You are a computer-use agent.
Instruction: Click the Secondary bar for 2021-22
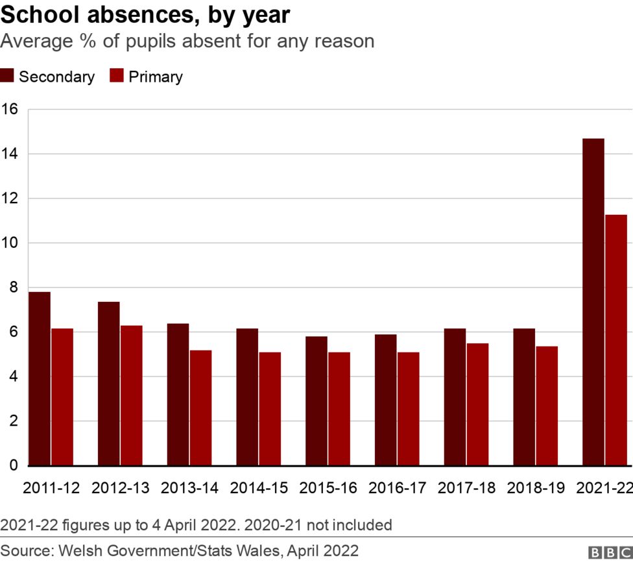(593, 302)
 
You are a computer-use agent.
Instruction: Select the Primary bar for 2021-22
(615, 340)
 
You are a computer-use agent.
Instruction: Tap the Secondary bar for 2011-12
(40, 378)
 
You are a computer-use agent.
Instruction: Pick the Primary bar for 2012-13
(131, 395)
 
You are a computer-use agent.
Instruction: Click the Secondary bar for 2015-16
(316, 400)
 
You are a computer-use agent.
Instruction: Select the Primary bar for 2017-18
(477, 404)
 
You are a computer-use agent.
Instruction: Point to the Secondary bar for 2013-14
(178, 394)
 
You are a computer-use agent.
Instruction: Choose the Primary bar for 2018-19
(546, 406)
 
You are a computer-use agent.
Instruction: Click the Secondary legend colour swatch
(7, 76)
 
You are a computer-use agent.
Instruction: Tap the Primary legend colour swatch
(117, 76)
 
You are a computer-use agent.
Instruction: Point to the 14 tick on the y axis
(9, 154)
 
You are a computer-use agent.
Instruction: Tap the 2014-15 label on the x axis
(259, 488)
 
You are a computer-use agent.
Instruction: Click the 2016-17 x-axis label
(397, 488)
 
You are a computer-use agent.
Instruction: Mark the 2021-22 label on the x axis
(604, 488)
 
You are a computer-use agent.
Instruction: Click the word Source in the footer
(25, 551)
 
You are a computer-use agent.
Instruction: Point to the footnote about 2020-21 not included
(196, 524)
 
